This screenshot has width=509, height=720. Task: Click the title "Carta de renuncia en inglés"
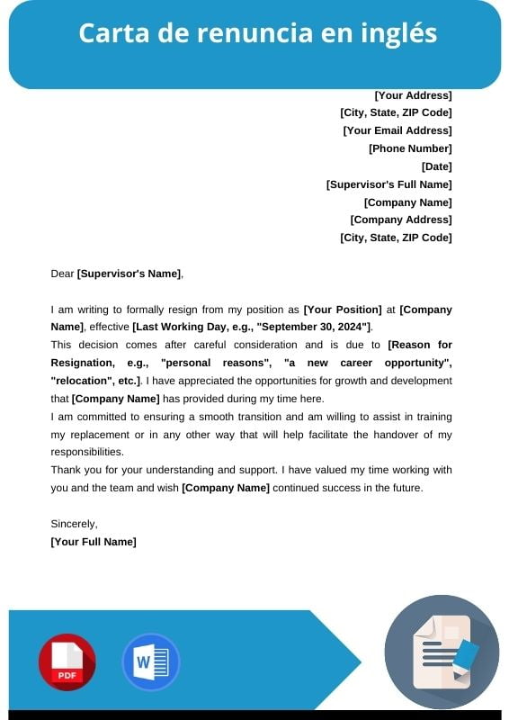click(x=257, y=33)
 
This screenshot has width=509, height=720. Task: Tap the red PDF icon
click(x=67, y=662)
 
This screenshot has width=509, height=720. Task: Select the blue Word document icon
click(x=150, y=662)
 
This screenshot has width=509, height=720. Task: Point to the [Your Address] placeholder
click(x=413, y=95)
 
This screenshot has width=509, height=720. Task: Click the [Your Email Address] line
click(x=397, y=130)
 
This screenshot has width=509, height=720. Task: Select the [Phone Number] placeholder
click(x=410, y=148)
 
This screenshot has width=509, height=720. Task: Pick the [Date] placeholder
click(x=436, y=166)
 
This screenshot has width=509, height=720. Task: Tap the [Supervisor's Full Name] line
click(x=388, y=184)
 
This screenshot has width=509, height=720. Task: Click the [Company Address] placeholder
click(x=400, y=220)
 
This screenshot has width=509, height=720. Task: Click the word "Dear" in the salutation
click(x=62, y=274)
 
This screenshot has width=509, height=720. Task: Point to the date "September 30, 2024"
click(x=310, y=327)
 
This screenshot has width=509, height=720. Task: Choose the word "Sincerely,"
click(x=74, y=524)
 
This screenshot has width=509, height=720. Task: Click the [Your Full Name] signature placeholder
click(x=94, y=542)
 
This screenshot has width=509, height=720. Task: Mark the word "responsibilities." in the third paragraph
click(x=87, y=452)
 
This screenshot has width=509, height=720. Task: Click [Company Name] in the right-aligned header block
click(x=407, y=202)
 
